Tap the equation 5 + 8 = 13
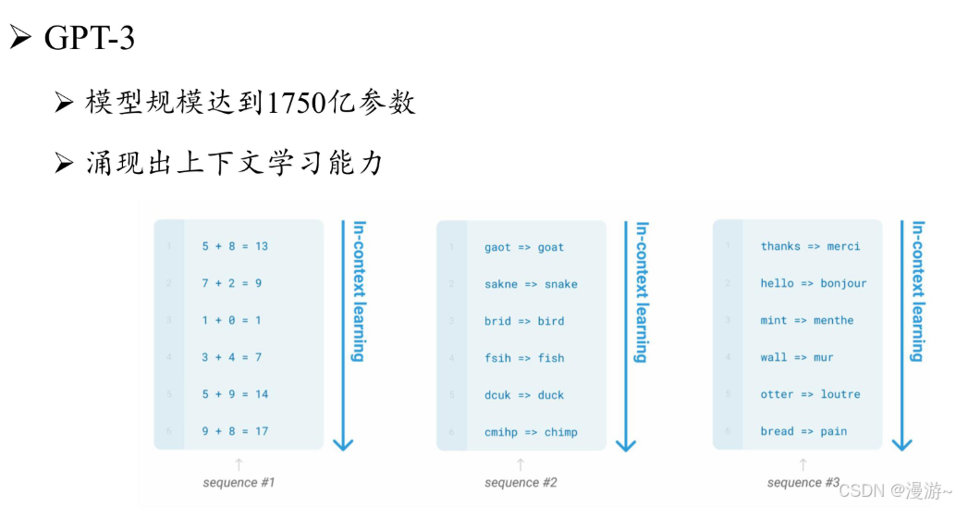[235, 246]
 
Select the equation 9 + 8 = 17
[235, 431]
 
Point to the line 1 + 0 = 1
[231, 320]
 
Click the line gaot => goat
[523, 247]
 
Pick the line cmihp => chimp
[531, 432]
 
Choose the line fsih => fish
[523, 358]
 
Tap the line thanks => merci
[810, 246]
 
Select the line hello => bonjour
[814, 283]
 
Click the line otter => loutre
[810, 394]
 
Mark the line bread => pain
[803, 431]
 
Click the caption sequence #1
[239, 483]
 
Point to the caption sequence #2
[521, 483]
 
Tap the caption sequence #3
[803, 483]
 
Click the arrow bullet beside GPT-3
[20, 39]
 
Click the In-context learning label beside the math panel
[358, 291]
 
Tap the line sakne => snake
[531, 284]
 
